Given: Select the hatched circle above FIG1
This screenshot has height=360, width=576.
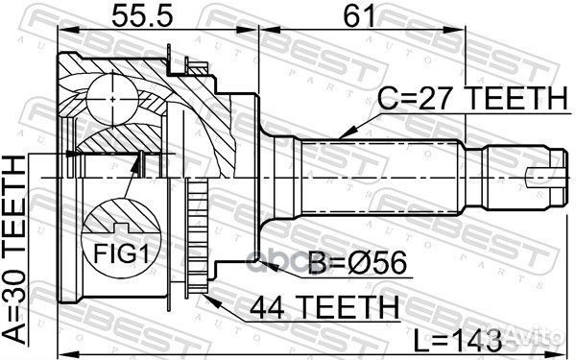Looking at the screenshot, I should click(113, 220).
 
